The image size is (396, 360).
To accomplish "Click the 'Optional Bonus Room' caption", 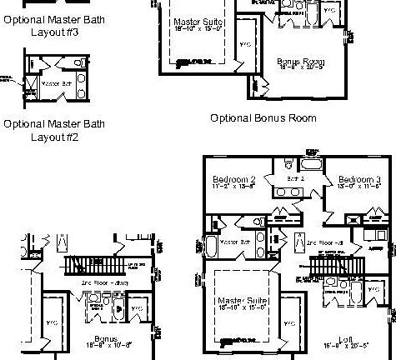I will click(x=263, y=118).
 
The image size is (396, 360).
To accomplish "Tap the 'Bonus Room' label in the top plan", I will click(x=302, y=62).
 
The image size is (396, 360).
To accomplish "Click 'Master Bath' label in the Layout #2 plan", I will click(x=56, y=84).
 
